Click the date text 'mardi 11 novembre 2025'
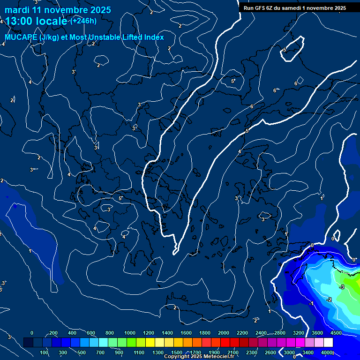58,10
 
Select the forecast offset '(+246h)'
83,21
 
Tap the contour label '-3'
342,287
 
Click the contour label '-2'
329,300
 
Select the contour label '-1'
311,304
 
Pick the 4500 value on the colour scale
337,333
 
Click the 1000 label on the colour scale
130,333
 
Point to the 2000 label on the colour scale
224,333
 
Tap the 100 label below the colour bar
44,352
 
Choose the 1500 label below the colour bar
177,352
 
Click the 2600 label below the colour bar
270,352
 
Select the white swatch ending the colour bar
329,343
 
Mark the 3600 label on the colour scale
317,333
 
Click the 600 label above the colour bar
91,333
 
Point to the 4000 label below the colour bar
327,352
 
